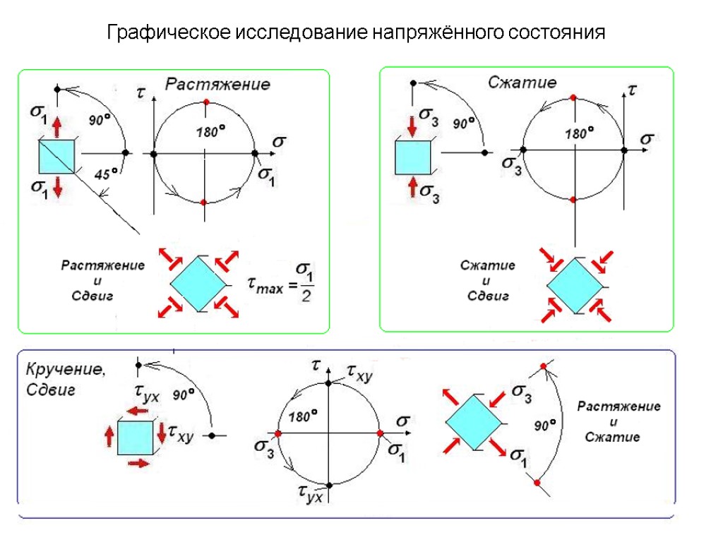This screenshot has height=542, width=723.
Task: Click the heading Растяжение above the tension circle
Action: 217,85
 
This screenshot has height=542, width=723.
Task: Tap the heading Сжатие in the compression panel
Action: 522,83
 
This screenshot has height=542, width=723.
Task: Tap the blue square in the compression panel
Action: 412,156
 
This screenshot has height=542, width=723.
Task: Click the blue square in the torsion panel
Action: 136,438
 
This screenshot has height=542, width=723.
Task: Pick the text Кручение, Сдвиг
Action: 65,379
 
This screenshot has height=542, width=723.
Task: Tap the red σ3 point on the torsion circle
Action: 278,433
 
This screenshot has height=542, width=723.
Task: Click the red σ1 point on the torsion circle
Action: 379,433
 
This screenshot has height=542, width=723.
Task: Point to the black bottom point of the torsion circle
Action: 329,485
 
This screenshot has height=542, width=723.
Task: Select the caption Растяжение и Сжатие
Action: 619,422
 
